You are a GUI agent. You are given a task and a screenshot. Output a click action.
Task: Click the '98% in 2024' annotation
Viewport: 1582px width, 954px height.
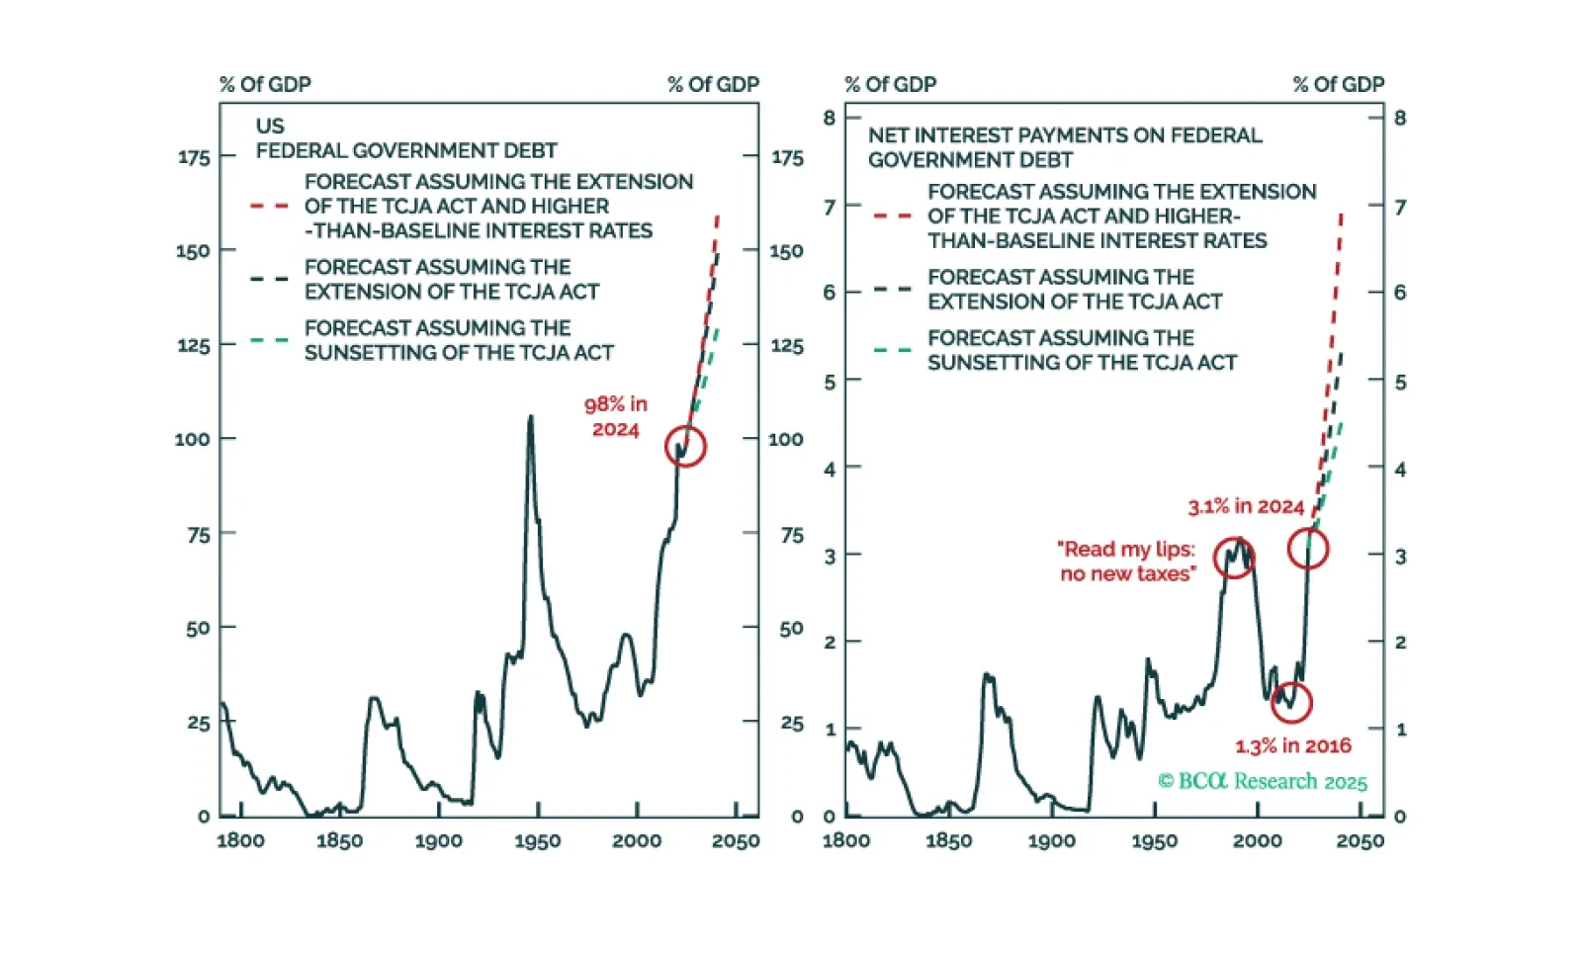pyautogui.click(x=615, y=416)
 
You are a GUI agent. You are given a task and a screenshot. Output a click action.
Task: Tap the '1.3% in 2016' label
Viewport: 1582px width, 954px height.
pyautogui.click(x=1292, y=746)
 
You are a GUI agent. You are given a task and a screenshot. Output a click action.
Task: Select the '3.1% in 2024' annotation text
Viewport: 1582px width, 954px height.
pyautogui.click(x=1245, y=507)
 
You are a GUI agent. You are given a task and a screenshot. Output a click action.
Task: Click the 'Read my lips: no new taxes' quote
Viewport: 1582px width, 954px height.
pyautogui.click(x=1127, y=562)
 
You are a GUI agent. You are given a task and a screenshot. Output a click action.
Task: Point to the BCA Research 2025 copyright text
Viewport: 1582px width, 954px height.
pyautogui.click(x=1263, y=781)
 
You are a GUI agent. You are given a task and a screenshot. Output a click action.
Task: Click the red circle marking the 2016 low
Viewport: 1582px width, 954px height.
pyautogui.click(x=1291, y=702)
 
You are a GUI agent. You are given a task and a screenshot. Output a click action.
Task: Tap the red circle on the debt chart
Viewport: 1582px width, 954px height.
pyautogui.click(x=685, y=446)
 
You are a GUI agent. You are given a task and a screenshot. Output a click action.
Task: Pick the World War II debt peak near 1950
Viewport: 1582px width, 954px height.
pyautogui.click(x=531, y=418)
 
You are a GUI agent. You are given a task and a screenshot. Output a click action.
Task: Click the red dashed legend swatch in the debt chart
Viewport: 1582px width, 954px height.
pyautogui.click(x=269, y=207)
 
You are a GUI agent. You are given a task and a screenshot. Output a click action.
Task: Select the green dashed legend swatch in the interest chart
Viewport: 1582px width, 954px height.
pyautogui.click(x=892, y=350)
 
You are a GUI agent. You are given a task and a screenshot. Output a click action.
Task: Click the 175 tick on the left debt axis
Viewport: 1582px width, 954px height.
pyautogui.click(x=194, y=157)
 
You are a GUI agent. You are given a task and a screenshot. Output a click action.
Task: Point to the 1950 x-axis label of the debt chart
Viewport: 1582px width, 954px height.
pyautogui.click(x=537, y=841)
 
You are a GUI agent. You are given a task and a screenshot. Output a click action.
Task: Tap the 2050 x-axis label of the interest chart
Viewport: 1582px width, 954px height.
pyautogui.click(x=1360, y=841)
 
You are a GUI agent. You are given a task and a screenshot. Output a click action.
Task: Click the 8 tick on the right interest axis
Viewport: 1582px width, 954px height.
pyautogui.click(x=1400, y=118)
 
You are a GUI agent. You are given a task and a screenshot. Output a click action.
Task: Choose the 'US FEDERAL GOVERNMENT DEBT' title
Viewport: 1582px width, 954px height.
pyautogui.click(x=405, y=138)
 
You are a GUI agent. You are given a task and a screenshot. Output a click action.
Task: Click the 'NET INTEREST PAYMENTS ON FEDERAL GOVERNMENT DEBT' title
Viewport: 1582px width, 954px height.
pyautogui.click(x=1064, y=147)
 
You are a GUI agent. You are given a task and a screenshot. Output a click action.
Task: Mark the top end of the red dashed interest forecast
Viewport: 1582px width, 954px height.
pyautogui.click(x=1342, y=214)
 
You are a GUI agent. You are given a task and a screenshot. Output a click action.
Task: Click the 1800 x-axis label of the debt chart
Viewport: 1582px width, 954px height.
pyautogui.click(x=240, y=841)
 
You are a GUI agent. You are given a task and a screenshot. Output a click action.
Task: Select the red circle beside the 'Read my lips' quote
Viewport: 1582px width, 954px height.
pyautogui.click(x=1234, y=559)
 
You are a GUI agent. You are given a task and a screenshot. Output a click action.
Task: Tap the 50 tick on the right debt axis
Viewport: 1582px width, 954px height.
pyautogui.click(x=791, y=629)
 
